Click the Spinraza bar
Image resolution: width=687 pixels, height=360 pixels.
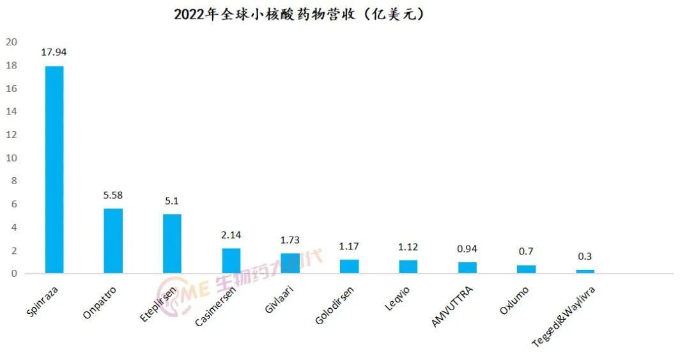(54, 169)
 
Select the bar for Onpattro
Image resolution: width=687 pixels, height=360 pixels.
(113, 241)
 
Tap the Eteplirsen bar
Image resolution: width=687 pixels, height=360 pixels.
(172, 244)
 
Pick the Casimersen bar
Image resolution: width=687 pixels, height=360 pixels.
(231, 261)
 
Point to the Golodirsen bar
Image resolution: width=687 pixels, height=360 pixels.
(349, 267)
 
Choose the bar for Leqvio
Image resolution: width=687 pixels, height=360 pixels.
(408, 267)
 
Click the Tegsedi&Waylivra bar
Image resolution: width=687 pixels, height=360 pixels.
(585, 271)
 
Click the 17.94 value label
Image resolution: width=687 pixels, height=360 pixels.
(54, 52)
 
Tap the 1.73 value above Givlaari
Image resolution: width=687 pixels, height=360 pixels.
(290, 240)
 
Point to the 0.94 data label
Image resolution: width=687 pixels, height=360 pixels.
(467, 249)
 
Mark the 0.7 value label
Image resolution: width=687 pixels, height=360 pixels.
(526, 252)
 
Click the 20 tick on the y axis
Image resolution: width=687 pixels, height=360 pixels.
(11, 43)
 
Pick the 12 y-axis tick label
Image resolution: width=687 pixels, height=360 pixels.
(11, 135)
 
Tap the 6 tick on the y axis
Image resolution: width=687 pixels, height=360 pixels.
(12, 205)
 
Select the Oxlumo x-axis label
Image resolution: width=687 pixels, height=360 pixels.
(515, 301)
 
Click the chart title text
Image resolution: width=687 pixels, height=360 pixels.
(300, 14)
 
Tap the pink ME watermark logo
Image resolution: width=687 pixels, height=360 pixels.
(176, 288)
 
